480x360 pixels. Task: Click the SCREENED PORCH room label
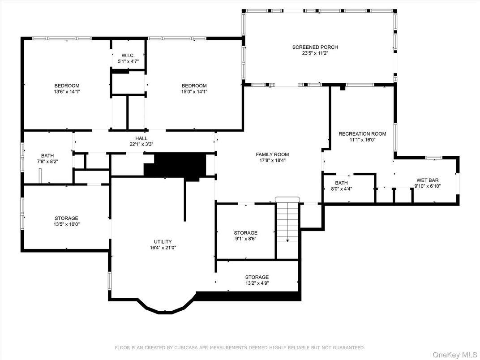315,47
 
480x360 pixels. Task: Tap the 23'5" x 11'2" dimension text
315,53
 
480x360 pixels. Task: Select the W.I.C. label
128,56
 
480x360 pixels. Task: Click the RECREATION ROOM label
362,134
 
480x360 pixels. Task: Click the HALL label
141,138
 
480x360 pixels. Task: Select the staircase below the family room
287,222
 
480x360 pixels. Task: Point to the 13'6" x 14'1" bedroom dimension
67,91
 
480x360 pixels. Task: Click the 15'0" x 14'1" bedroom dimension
194,91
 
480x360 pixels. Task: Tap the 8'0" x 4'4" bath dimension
341,189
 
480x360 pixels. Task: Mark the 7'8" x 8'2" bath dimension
47,161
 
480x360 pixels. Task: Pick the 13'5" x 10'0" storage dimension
67,224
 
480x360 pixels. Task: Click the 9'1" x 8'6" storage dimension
245,239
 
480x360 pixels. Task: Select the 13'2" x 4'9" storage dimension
257,283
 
